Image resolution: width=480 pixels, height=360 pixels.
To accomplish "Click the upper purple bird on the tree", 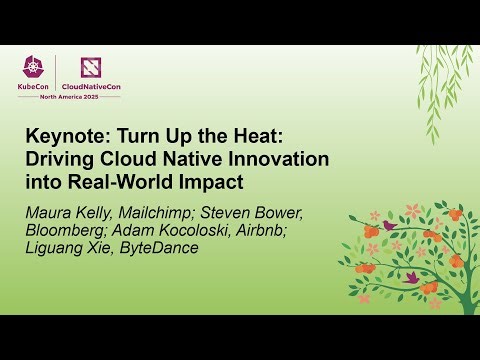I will tap(390, 226).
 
